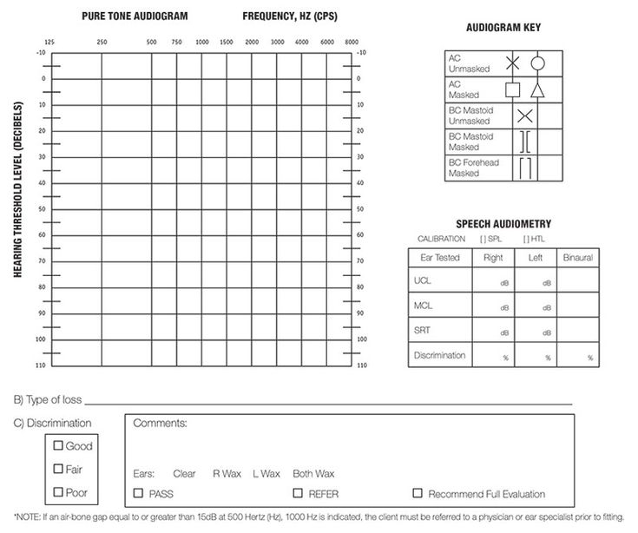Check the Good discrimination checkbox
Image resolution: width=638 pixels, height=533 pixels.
coord(59,446)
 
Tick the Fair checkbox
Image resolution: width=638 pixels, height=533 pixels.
coord(59,470)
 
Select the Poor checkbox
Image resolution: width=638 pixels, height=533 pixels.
coord(59,492)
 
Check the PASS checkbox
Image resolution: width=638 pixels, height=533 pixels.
coord(139,493)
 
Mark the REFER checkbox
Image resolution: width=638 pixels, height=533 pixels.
coord(298,493)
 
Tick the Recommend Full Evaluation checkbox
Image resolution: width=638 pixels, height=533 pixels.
coord(418,493)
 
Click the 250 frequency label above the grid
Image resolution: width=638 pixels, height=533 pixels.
coord(102,42)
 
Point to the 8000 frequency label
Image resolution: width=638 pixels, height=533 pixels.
coord(352,42)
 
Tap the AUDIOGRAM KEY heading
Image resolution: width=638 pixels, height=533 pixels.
coord(503,28)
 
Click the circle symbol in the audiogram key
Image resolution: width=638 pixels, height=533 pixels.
coord(538,63)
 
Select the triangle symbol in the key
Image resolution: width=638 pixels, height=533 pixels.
coord(538,89)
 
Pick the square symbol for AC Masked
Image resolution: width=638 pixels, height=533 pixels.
coord(513,89)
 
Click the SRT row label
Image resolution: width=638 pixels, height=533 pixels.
coord(423,330)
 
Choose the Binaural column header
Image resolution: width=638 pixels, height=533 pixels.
coord(577,258)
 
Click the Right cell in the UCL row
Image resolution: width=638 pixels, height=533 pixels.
coord(494,280)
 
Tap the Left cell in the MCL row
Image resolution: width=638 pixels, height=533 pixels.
coord(536,306)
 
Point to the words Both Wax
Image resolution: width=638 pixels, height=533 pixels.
coord(312,474)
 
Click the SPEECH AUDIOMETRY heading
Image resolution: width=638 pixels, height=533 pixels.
coord(503,224)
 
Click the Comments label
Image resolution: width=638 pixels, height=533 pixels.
coord(161,424)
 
